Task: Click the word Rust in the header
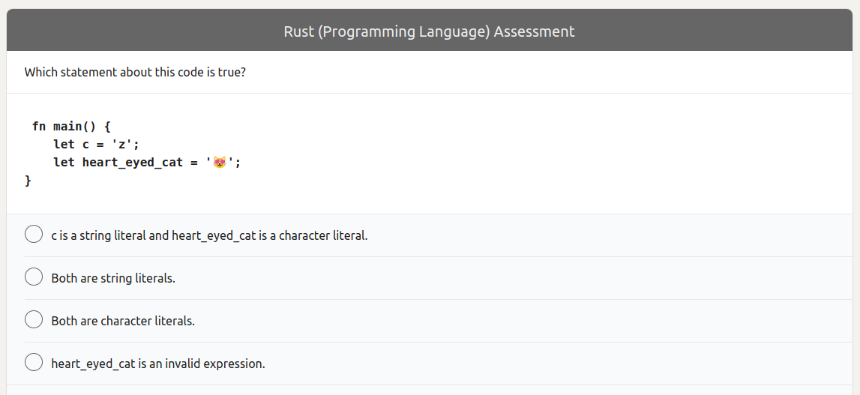pyautogui.click(x=299, y=31)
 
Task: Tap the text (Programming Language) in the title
pyautogui.click(x=404, y=31)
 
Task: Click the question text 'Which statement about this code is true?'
pyautogui.click(x=135, y=73)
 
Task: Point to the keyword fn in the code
pyautogui.click(x=39, y=125)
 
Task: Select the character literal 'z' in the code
pyautogui.click(x=122, y=144)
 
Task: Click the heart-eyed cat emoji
pyautogui.click(x=220, y=162)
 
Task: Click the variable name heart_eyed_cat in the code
pyautogui.click(x=133, y=162)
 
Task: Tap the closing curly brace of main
pyautogui.click(x=28, y=181)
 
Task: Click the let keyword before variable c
pyautogui.click(x=64, y=144)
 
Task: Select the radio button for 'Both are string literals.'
pyautogui.click(x=34, y=277)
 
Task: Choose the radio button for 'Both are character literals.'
pyautogui.click(x=34, y=320)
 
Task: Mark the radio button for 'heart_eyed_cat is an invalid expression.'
pyautogui.click(x=34, y=363)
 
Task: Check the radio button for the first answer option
pyautogui.click(x=34, y=235)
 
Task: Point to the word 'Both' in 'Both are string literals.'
pyautogui.click(x=64, y=278)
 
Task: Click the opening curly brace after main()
pyautogui.click(x=107, y=125)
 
